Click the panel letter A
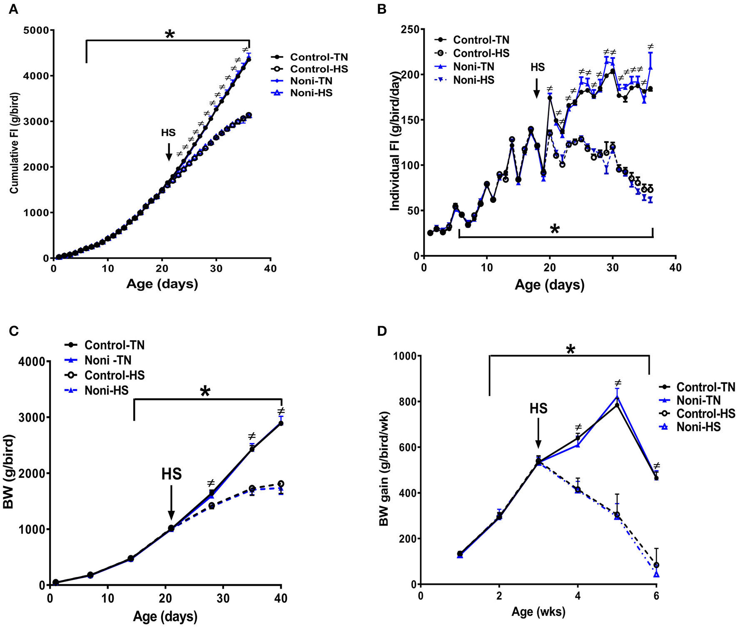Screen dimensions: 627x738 pos(13,9)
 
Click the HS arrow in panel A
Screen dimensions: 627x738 pos(169,152)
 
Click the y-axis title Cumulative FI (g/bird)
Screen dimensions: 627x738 pos(15,143)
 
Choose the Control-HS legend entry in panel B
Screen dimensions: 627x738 pos(481,53)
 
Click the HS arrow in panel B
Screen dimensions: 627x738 pos(536,87)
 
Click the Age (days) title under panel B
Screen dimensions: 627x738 pos(549,285)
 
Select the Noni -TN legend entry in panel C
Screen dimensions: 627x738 pos(107,360)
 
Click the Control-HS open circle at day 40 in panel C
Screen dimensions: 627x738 pos(281,484)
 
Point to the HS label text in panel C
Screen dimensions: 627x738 pos(171,474)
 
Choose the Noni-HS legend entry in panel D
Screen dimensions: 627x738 pos(698,427)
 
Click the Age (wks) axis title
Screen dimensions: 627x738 pos(538,612)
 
